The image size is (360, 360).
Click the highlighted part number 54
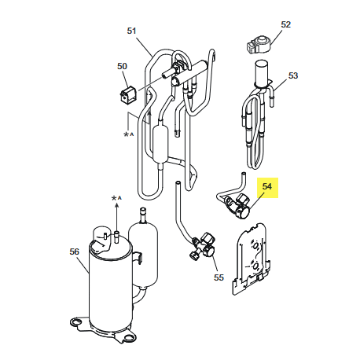tap(267, 187)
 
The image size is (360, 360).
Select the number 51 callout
tap(131, 31)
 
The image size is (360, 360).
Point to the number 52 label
tap(285, 24)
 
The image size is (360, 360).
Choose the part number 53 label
tap(293, 76)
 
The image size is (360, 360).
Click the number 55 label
tap(219, 277)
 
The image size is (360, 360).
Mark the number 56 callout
tap(75, 251)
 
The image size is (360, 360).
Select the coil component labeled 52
tap(257, 43)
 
